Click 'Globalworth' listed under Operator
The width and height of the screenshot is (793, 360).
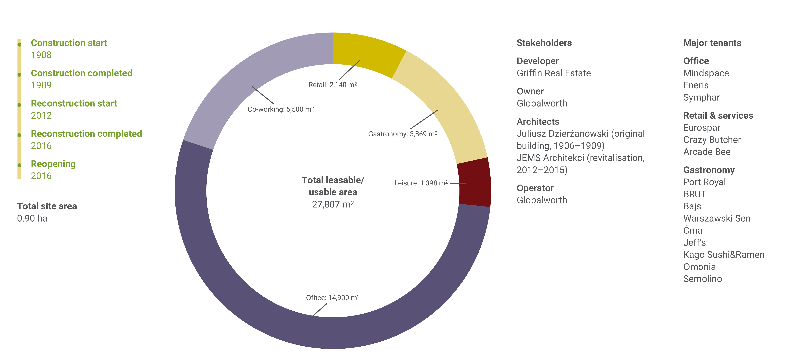(542, 200)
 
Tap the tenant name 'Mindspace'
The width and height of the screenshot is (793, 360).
(706, 73)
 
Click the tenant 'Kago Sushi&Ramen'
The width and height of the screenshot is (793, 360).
(724, 255)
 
